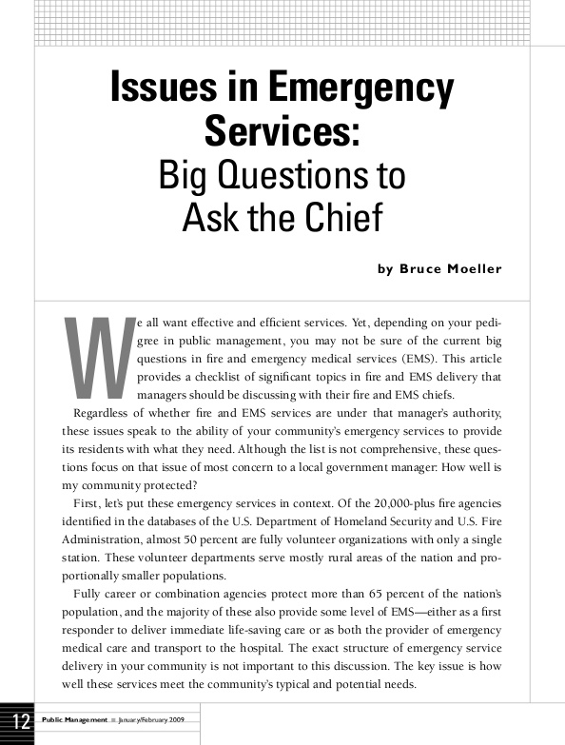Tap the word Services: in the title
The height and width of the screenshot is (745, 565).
(x=282, y=130)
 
